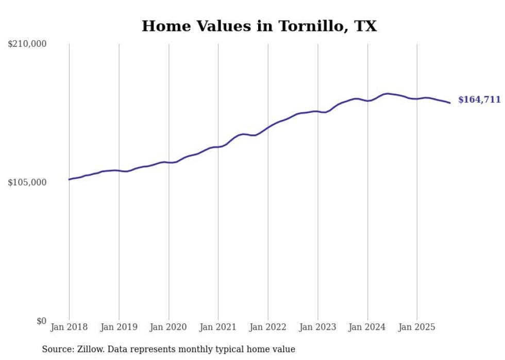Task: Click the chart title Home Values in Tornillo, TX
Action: [259, 26]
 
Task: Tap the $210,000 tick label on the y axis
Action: [27, 44]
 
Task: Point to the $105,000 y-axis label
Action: [27, 183]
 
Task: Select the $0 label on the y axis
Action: [41, 321]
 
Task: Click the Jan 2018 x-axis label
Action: [69, 327]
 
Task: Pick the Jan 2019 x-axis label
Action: [119, 327]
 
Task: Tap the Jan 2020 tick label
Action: [169, 327]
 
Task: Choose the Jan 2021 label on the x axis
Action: [218, 327]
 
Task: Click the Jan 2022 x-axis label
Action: [268, 327]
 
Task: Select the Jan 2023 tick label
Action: [317, 327]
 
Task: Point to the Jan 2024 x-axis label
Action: [367, 327]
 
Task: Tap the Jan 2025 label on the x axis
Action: [417, 327]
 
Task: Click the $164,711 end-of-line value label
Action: [479, 100]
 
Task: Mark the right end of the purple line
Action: [450, 103]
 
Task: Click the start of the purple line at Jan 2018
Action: [69, 179]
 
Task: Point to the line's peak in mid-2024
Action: [388, 93]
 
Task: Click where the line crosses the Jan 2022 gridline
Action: [268, 127]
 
